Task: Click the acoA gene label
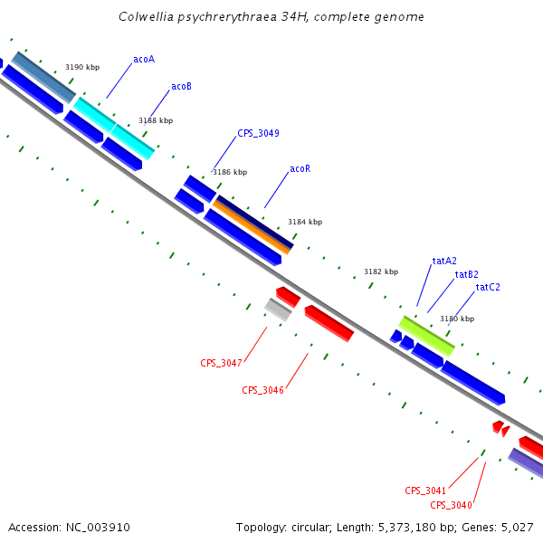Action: pyautogui.click(x=144, y=60)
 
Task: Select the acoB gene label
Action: pyautogui.click(x=181, y=87)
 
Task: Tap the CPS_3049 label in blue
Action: pyautogui.click(x=258, y=133)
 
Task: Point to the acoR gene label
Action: pyautogui.click(x=300, y=169)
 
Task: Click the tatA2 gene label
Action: pyautogui.click(x=444, y=261)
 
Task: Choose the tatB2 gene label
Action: pyautogui.click(x=467, y=274)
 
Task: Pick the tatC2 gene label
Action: pyautogui.click(x=488, y=287)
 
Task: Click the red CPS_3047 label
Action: pyautogui.click(x=221, y=363)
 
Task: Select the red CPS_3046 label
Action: pyautogui.click(x=262, y=390)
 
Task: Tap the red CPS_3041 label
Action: pyautogui.click(x=425, y=491)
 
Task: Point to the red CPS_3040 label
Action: pyautogui.click(x=451, y=505)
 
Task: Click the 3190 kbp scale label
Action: pyautogui.click(x=82, y=68)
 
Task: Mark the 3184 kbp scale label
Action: pyautogui.click(x=305, y=222)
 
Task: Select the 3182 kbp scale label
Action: pyautogui.click(x=381, y=271)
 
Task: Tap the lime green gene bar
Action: pyautogui.click(x=426, y=335)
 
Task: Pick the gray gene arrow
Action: pyautogui.click(x=278, y=309)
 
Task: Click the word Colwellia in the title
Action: pyautogui.click(x=147, y=17)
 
